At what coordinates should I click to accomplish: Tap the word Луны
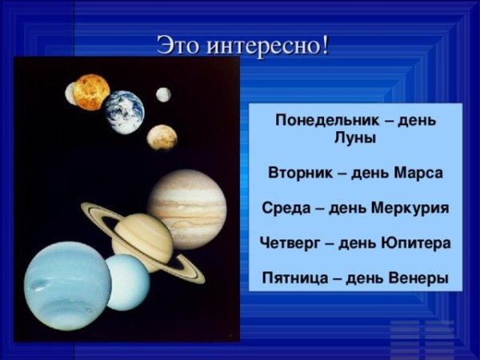click(355, 138)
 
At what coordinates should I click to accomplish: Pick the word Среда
click(285, 208)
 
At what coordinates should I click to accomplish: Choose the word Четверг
click(291, 242)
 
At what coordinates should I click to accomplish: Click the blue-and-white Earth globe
click(124, 111)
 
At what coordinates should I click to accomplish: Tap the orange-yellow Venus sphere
click(90, 92)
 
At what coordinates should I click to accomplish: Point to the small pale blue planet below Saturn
click(127, 282)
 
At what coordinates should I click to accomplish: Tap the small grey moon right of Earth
click(163, 94)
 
